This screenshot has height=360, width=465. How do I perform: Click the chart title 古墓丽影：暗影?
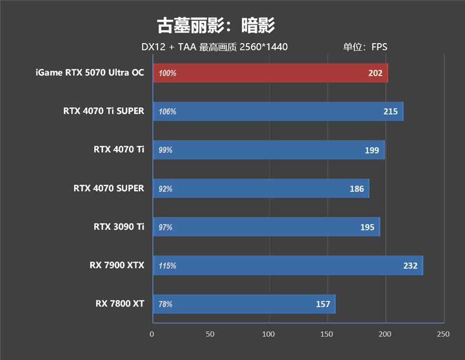click(215, 25)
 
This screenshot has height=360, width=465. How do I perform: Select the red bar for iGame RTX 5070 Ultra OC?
click(270, 73)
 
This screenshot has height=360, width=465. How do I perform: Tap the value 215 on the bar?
click(391, 112)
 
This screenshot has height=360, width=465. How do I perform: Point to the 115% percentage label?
click(167, 266)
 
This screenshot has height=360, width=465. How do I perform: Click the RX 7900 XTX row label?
click(117, 265)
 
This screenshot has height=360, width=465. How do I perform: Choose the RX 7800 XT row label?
click(120, 304)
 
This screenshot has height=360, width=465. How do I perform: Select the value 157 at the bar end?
click(323, 304)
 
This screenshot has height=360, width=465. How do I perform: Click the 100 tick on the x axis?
click(269, 334)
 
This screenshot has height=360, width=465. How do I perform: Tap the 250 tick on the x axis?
click(443, 334)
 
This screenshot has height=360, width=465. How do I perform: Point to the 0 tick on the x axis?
click(152, 334)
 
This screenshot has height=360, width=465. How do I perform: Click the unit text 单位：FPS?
click(364, 47)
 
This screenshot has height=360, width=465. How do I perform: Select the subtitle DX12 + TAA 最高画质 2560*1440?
click(214, 47)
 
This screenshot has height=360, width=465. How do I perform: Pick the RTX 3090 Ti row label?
click(119, 227)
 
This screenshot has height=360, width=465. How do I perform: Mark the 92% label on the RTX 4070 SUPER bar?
click(166, 189)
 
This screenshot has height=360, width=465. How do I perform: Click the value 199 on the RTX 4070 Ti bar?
click(371, 150)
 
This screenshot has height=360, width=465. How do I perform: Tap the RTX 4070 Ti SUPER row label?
click(104, 111)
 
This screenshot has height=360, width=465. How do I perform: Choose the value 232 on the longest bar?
click(410, 266)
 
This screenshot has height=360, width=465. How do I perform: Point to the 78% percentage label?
click(166, 304)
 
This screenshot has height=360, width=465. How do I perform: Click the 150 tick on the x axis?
click(327, 334)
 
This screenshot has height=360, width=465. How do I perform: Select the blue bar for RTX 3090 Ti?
click(266, 227)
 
